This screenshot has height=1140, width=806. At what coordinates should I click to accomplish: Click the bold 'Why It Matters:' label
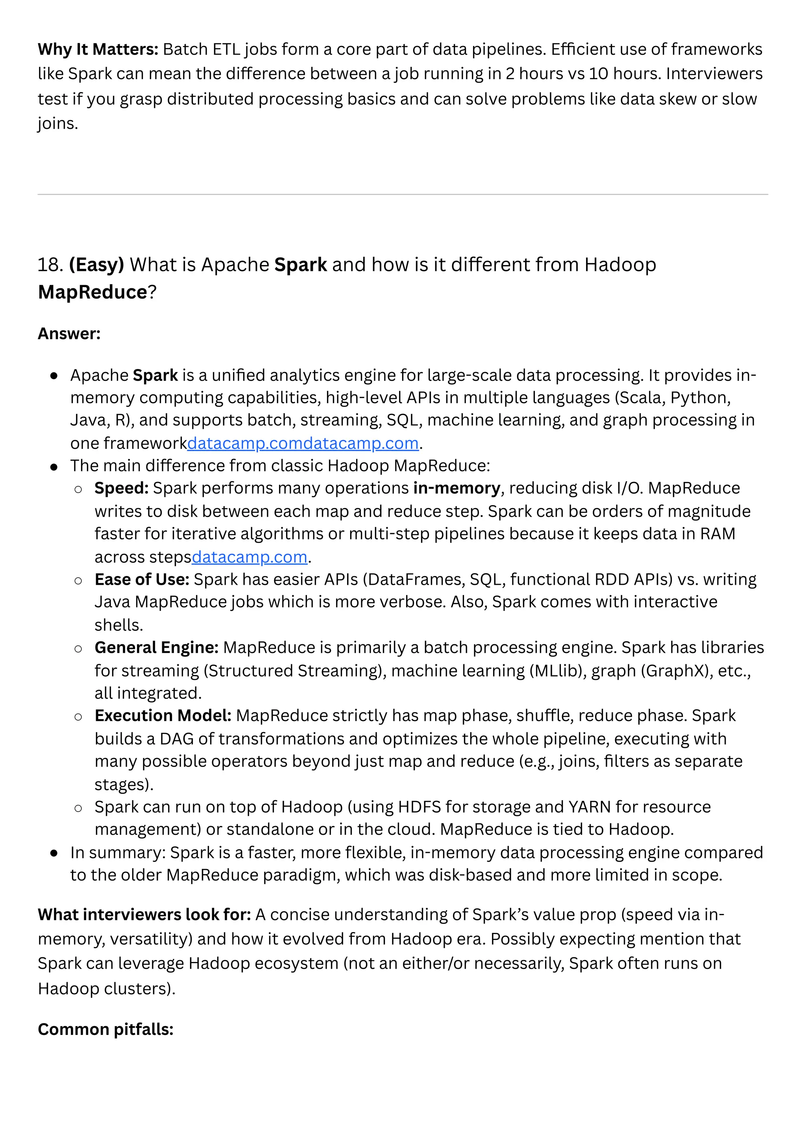coord(98,49)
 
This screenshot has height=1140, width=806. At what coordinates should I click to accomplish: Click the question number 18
coord(50,265)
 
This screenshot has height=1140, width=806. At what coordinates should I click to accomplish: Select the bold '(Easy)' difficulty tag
coord(96,265)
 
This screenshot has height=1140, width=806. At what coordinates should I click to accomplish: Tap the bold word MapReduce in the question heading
coord(93,292)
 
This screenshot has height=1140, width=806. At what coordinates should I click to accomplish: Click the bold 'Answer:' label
coord(69,334)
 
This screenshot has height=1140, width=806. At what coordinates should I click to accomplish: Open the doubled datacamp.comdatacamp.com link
coord(303,443)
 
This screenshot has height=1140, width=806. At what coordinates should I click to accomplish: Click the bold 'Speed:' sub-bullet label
coord(122,488)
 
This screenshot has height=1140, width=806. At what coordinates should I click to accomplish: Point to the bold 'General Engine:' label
coord(156,647)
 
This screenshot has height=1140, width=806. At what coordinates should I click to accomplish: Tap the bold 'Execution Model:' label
coord(163,716)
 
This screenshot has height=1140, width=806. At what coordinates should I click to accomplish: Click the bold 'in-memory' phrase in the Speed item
coord(457,488)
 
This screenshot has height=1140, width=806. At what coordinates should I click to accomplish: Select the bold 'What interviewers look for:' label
coord(144,915)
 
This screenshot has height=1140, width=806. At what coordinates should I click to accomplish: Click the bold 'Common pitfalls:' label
coord(105,1029)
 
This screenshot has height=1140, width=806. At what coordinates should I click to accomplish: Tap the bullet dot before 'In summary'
coord(54,853)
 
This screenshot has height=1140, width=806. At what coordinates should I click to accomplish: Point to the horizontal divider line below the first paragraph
coord(403,195)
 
